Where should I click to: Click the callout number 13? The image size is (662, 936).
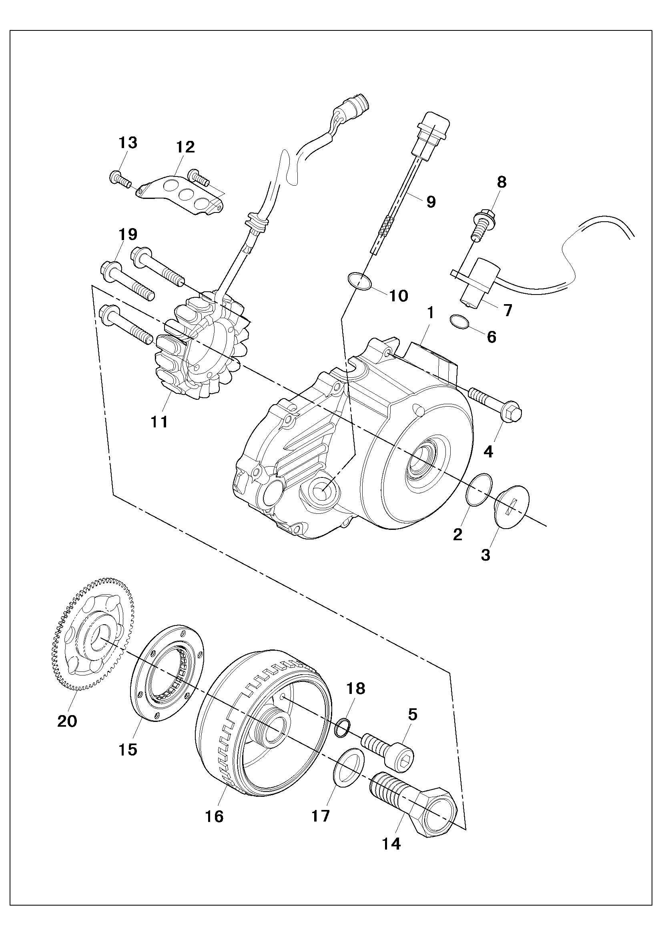(128, 143)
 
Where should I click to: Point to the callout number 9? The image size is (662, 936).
(431, 201)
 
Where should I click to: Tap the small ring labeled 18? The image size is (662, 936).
(342, 728)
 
